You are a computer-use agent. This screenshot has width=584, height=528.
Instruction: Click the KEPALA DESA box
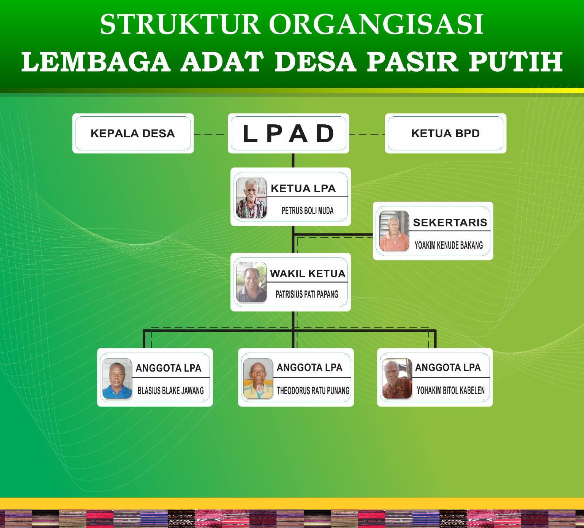pyautogui.click(x=133, y=133)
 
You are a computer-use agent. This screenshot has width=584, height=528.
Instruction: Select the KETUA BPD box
pyautogui.click(x=445, y=133)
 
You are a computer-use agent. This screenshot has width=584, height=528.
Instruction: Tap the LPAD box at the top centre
pyautogui.click(x=288, y=133)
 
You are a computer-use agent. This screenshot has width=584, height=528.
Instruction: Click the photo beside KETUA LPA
pyautogui.click(x=251, y=198)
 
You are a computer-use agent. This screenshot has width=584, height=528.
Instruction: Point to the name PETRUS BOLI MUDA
pyautogui.click(x=307, y=210)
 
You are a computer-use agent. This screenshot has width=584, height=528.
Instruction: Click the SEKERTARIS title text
pyautogui.click(x=450, y=222)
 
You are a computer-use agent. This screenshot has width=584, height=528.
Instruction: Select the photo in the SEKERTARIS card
pyautogui.click(x=394, y=231)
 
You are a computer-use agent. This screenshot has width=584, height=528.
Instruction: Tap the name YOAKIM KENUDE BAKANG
pyautogui.click(x=449, y=245)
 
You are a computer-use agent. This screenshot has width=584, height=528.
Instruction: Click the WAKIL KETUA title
pyautogui.click(x=307, y=274)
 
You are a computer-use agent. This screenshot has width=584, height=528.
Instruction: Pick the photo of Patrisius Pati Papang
pyautogui.click(x=251, y=282)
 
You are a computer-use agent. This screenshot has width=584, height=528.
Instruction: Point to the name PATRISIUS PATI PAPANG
pyautogui.click(x=307, y=294)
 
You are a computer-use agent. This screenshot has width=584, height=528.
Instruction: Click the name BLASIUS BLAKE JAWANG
pyautogui.click(x=170, y=391)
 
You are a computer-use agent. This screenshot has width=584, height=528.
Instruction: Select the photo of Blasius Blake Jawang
pyautogui.click(x=117, y=379)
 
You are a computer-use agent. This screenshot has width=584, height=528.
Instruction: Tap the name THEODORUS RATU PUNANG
pyautogui.click(x=313, y=391)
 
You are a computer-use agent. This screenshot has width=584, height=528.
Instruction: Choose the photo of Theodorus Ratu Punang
pyautogui.click(x=258, y=378)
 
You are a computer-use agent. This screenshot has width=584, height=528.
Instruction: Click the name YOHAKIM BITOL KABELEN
pyautogui.click(x=450, y=391)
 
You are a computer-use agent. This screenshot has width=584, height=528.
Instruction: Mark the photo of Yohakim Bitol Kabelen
pyautogui.click(x=397, y=378)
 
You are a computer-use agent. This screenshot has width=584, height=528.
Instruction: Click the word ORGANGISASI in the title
pyautogui.click(x=376, y=24)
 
